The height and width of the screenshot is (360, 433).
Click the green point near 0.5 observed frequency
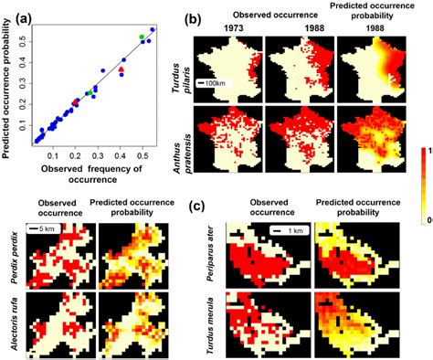142,37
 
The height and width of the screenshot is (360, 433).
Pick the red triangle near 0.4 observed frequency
121,70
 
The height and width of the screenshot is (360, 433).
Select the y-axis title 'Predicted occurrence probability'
7,85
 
